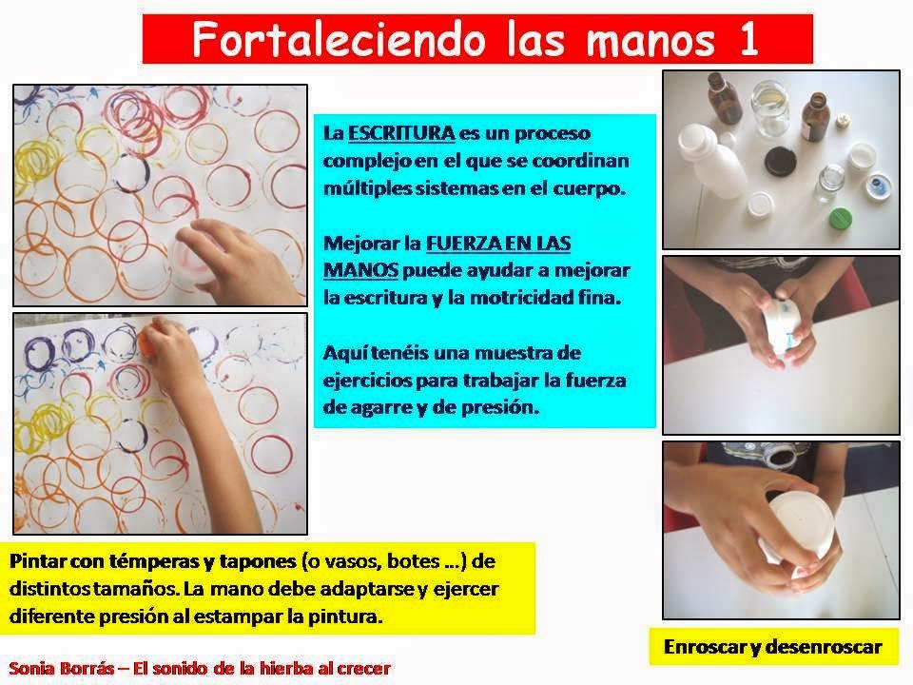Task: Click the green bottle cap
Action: (840, 220)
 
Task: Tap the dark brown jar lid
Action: (782, 162)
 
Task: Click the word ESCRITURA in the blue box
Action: (401, 133)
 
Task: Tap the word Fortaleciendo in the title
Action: (339, 39)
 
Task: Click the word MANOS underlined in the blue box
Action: (361, 270)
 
